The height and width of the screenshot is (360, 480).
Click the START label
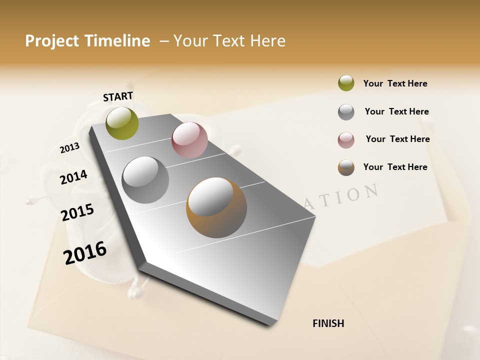pos(118,96)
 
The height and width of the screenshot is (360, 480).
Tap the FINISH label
pos(328,323)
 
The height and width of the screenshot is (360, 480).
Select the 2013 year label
pos(69,148)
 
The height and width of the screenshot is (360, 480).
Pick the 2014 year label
pos(73,177)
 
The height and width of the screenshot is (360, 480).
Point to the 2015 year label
pos(77,212)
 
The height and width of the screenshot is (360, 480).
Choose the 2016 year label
pos(85,252)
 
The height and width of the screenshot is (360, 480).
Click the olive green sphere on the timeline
pos(122,123)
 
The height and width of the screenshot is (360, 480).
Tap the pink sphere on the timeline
pos(189,140)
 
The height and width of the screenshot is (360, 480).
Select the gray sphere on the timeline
pos(145,179)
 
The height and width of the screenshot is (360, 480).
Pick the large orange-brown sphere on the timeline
pos(216,207)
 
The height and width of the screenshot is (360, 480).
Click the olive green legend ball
pos(346,83)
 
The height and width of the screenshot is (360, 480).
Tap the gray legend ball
pos(346,112)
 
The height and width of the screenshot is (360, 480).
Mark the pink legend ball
pos(346,140)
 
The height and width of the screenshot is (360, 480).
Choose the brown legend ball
pos(346,167)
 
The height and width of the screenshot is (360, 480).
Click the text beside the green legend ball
pos(395,83)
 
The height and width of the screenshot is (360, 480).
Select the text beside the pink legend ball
pos(397,139)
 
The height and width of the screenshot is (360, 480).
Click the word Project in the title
pos(51,41)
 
